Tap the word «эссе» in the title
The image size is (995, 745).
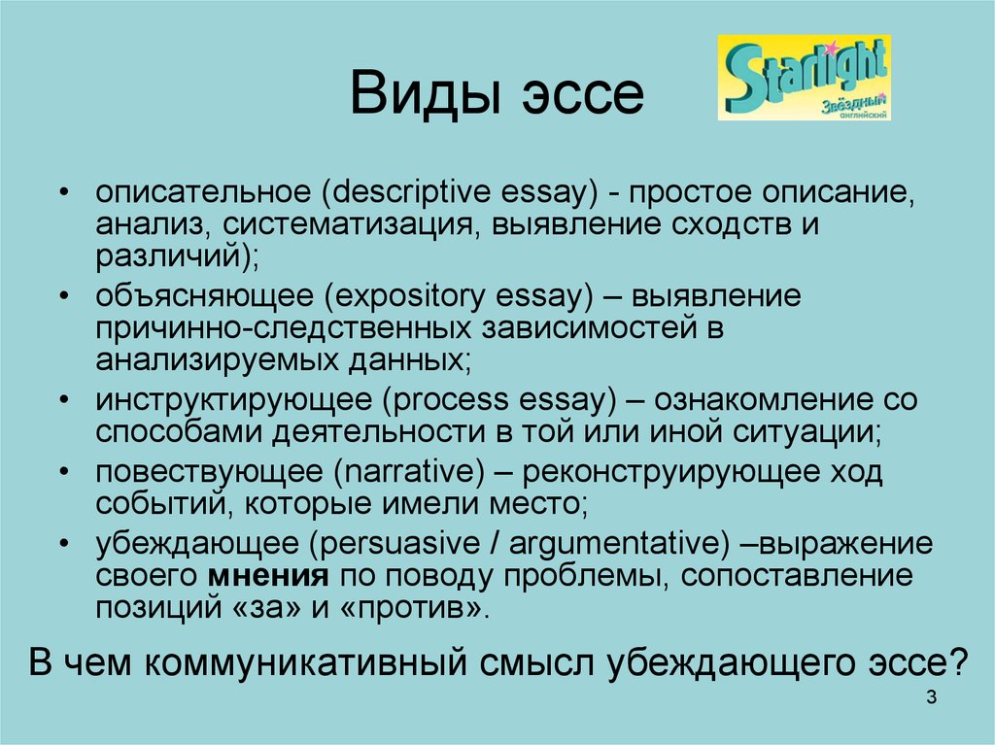[583, 95]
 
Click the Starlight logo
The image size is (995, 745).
[804, 78]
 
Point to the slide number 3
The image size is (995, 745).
[931, 696]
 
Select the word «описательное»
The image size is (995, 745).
[203, 191]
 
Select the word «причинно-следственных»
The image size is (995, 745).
[284, 328]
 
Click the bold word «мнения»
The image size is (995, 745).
[268, 576]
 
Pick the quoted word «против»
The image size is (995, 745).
[411, 609]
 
